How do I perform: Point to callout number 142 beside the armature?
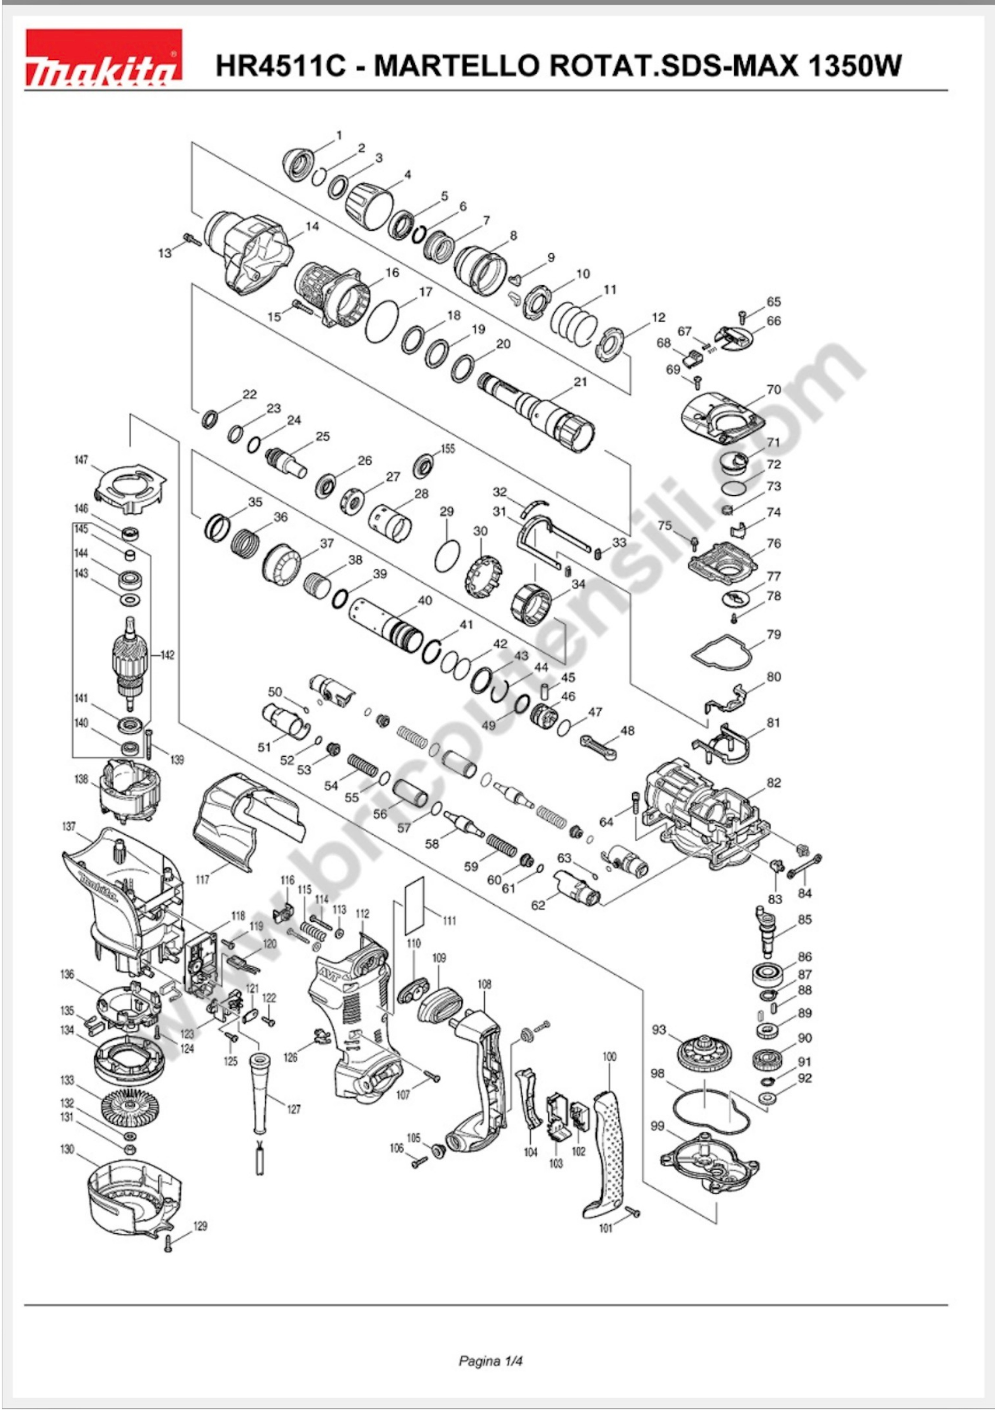[x=167, y=655]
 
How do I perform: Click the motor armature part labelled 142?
[x=130, y=663]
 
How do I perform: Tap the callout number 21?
[x=580, y=382]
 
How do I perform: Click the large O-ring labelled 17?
[x=382, y=321]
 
